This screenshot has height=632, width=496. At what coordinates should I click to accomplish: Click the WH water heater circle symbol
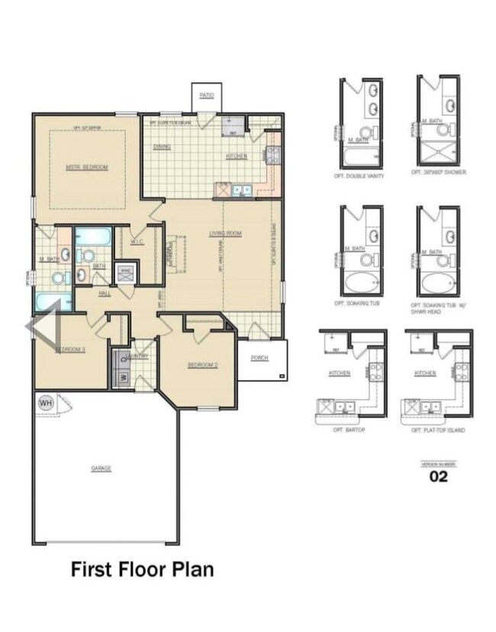45,402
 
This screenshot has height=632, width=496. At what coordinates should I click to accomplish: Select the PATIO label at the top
206,95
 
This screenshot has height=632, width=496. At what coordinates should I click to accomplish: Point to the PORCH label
259,357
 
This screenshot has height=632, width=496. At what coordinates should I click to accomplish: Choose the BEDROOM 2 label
203,365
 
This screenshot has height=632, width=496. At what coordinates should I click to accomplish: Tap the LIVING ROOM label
226,234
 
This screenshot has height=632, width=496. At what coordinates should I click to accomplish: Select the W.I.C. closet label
137,242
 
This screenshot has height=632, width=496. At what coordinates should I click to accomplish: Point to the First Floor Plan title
142,569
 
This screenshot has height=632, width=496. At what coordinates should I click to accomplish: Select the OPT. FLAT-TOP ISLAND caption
438,430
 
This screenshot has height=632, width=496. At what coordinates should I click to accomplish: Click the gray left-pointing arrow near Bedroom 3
43,326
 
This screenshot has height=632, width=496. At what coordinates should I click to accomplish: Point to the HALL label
105,293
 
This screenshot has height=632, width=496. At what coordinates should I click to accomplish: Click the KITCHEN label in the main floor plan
236,157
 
